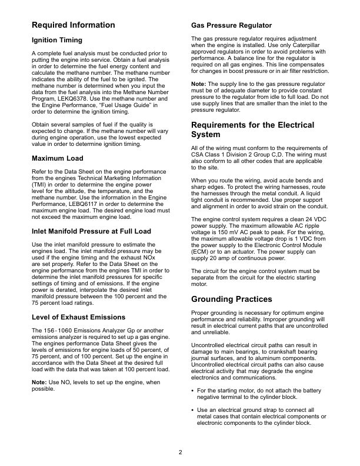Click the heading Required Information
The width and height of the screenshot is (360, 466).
[73, 25]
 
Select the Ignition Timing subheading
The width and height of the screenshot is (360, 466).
[56, 40]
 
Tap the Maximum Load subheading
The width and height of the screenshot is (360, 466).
[57, 158]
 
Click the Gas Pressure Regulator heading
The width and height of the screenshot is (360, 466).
[232, 25]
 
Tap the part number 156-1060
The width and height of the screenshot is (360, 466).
[55, 330]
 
